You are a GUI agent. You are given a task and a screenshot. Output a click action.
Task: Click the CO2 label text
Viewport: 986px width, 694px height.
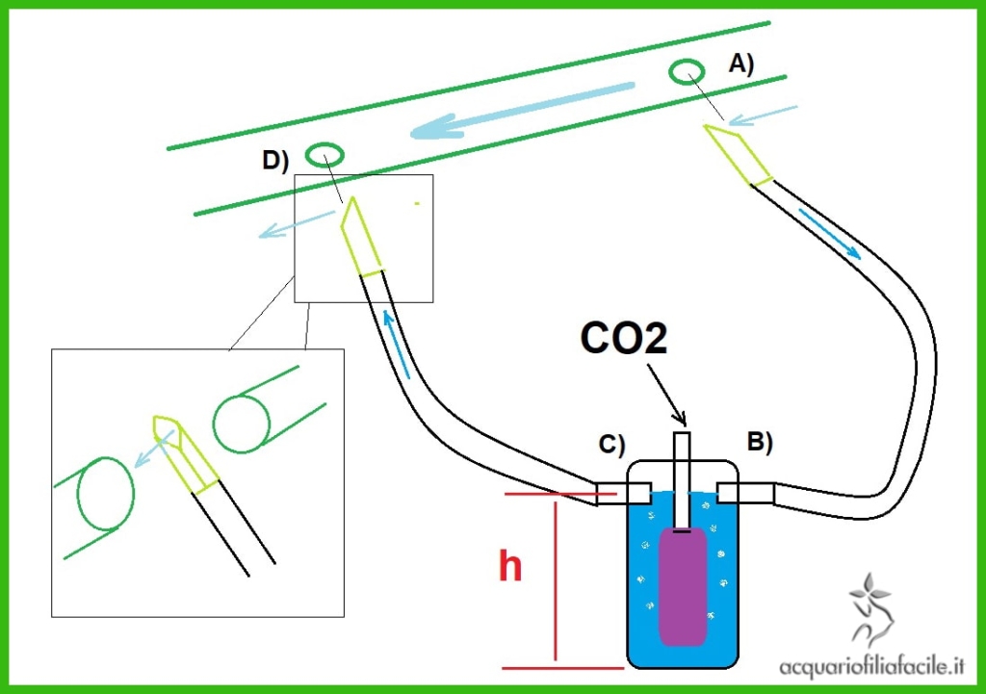click(624, 340)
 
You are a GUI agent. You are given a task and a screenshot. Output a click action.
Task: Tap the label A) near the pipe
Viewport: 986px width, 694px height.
click(740, 64)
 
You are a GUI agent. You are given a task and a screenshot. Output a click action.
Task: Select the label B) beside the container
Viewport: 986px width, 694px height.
click(760, 442)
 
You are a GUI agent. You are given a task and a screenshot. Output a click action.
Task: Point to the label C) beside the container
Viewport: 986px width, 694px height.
click(610, 444)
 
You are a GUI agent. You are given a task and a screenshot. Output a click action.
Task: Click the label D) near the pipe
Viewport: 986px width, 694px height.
click(275, 161)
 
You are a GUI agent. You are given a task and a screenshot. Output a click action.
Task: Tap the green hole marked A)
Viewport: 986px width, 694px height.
click(688, 71)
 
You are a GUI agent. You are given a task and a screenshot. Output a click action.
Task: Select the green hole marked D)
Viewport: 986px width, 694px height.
click(325, 154)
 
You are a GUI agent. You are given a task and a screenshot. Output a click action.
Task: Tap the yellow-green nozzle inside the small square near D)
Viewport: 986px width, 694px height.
click(359, 235)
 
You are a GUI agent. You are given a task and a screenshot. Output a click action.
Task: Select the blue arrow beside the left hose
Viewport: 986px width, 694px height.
click(397, 342)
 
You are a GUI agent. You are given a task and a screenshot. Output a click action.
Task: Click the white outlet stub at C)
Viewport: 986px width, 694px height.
click(612, 494)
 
